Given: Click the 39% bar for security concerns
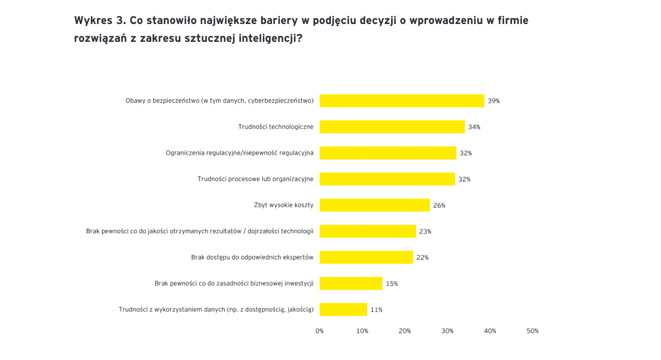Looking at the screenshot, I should click(x=402, y=100).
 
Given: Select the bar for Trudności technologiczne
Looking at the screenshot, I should click(x=392, y=127).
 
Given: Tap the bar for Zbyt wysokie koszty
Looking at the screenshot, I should click(x=374, y=205).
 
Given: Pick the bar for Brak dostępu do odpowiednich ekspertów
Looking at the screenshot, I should click(x=366, y=257).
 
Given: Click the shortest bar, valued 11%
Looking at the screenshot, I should click(x=343, y=309).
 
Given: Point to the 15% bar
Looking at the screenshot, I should click(x=351, y=284).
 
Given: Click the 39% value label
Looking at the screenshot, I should click(x=494, y=101).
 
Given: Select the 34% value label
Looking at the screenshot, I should click(x=474, y=127).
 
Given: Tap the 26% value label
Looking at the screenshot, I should click(x=440, y=205).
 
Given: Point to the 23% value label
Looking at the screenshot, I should click(x=425, y=232).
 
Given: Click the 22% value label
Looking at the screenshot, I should click(x=422, y=257).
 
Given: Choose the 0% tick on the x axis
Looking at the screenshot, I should click(x=320, y=331).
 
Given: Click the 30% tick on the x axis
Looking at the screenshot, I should click(x=447, y=331).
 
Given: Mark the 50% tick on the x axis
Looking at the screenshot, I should click(x=533, y=331).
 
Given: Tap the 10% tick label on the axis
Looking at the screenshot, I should click(x=362, y=331).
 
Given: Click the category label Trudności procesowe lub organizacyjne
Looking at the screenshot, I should click(x=255, y=179).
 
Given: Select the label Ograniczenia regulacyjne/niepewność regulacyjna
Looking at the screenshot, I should click(x=239, y=153).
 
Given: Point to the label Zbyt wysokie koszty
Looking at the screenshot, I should click(x=283, y=205).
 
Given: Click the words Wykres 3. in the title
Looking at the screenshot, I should click(x=99, y=21).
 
